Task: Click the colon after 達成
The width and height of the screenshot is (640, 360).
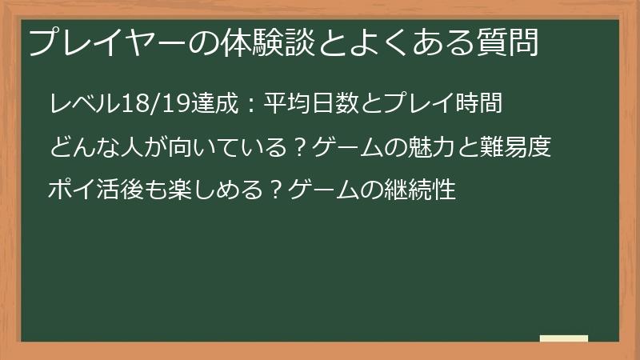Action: click(251, 105)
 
